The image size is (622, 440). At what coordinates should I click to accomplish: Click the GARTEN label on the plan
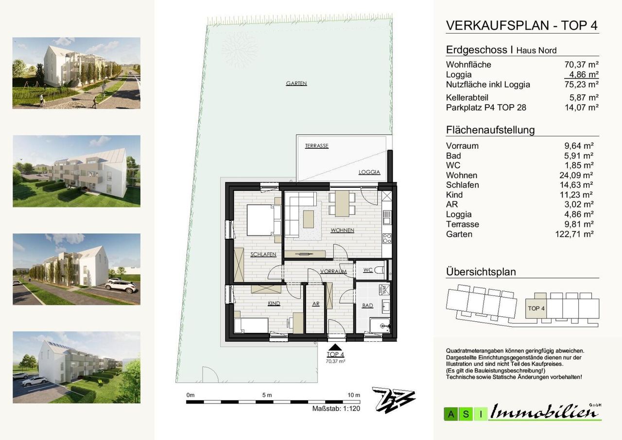(296, 83)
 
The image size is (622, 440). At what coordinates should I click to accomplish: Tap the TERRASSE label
(316, 146)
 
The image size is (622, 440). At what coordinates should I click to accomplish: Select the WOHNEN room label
(342, 230)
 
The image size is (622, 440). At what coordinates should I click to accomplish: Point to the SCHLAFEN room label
(263, 254)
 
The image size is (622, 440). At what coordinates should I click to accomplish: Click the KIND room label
(274, 303)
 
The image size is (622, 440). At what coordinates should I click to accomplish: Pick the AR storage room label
(316, 304)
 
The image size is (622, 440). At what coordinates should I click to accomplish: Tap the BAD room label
(367, 305)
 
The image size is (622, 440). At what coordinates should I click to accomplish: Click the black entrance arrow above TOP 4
(335, 347)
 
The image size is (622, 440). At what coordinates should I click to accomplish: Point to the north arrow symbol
(394, 400)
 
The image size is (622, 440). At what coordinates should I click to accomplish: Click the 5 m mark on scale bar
(267, 395)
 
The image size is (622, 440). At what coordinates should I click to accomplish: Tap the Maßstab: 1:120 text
(336, 408)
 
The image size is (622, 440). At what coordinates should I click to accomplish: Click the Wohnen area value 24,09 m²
(576, 175)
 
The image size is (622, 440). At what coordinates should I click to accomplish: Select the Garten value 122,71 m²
(574, 234)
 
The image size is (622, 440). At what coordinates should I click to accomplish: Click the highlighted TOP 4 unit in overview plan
(536, 308)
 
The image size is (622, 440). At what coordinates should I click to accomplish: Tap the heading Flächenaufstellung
(490, 130)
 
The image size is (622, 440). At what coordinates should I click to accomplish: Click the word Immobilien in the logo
(544, 412)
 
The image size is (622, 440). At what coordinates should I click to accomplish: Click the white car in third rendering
(121, 285)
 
